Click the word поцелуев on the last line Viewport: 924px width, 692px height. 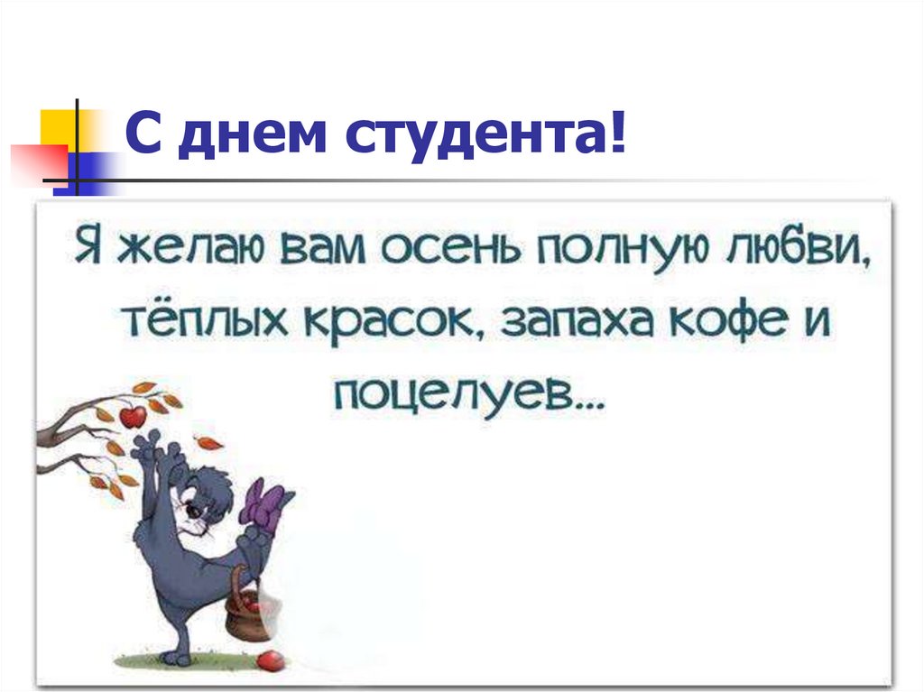(x=470, y=393)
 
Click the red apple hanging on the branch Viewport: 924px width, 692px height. (x=134, y=416)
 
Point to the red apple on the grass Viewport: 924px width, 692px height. (x=268, y=661)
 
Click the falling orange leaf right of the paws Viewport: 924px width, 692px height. (x=208, y=442)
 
